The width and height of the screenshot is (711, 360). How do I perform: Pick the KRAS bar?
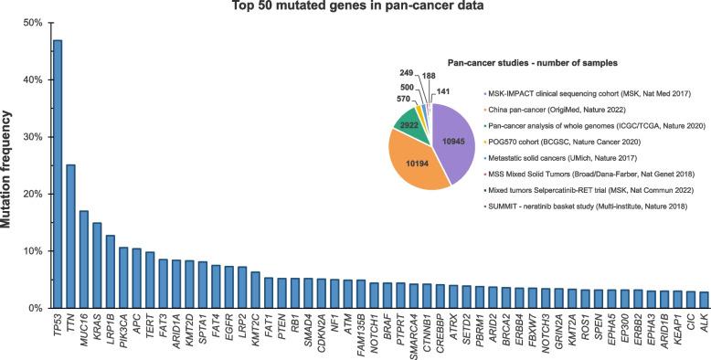tap(97, 265)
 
